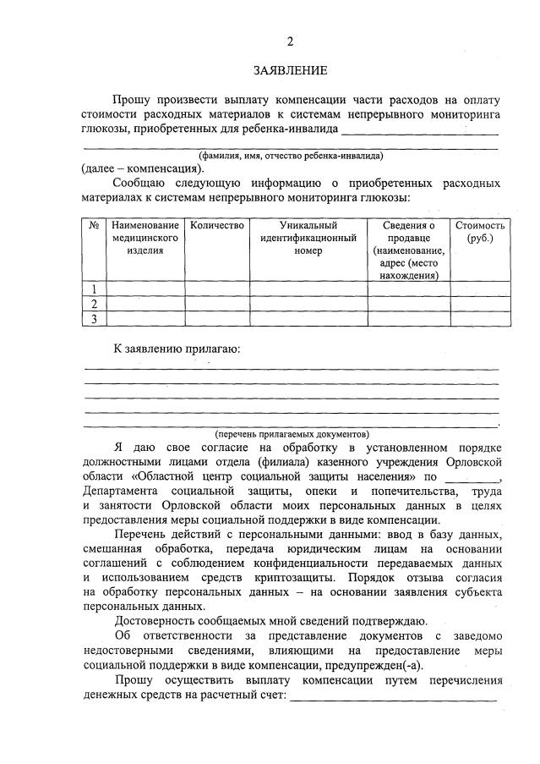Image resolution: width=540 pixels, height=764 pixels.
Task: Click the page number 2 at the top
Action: (x=290, y=41)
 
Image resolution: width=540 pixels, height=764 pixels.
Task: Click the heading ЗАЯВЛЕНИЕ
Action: (x=290, y=70)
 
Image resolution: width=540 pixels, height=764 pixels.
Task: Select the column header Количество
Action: (x=217, y=225)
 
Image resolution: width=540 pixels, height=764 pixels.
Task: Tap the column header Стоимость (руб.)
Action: (x=480, y=232)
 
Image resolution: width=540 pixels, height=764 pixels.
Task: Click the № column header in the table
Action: (x=93, y=225)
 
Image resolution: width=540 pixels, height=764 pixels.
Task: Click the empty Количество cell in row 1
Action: (x=217, y=289)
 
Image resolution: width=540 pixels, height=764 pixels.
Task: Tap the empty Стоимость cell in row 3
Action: (x=480, y=318)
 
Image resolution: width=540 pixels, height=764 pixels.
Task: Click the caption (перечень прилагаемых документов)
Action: (x=291, y=433)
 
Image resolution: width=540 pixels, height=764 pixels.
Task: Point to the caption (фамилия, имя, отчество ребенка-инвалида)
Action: (x=291, y=156)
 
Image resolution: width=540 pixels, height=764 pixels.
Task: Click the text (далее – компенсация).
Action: (x=142, y=168)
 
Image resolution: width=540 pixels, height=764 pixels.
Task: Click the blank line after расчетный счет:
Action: (x=393, y=699)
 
